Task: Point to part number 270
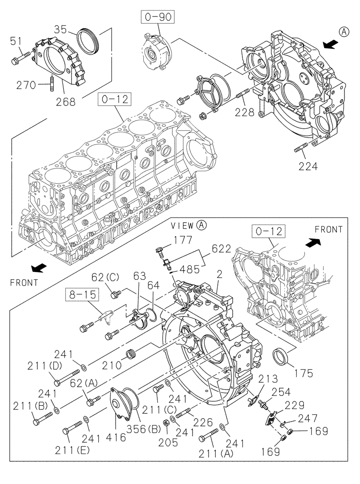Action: pos(25,85)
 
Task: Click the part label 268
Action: pos(65,102)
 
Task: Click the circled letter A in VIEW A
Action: pos(201,225)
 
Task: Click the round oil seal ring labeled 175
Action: pos(282,356)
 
